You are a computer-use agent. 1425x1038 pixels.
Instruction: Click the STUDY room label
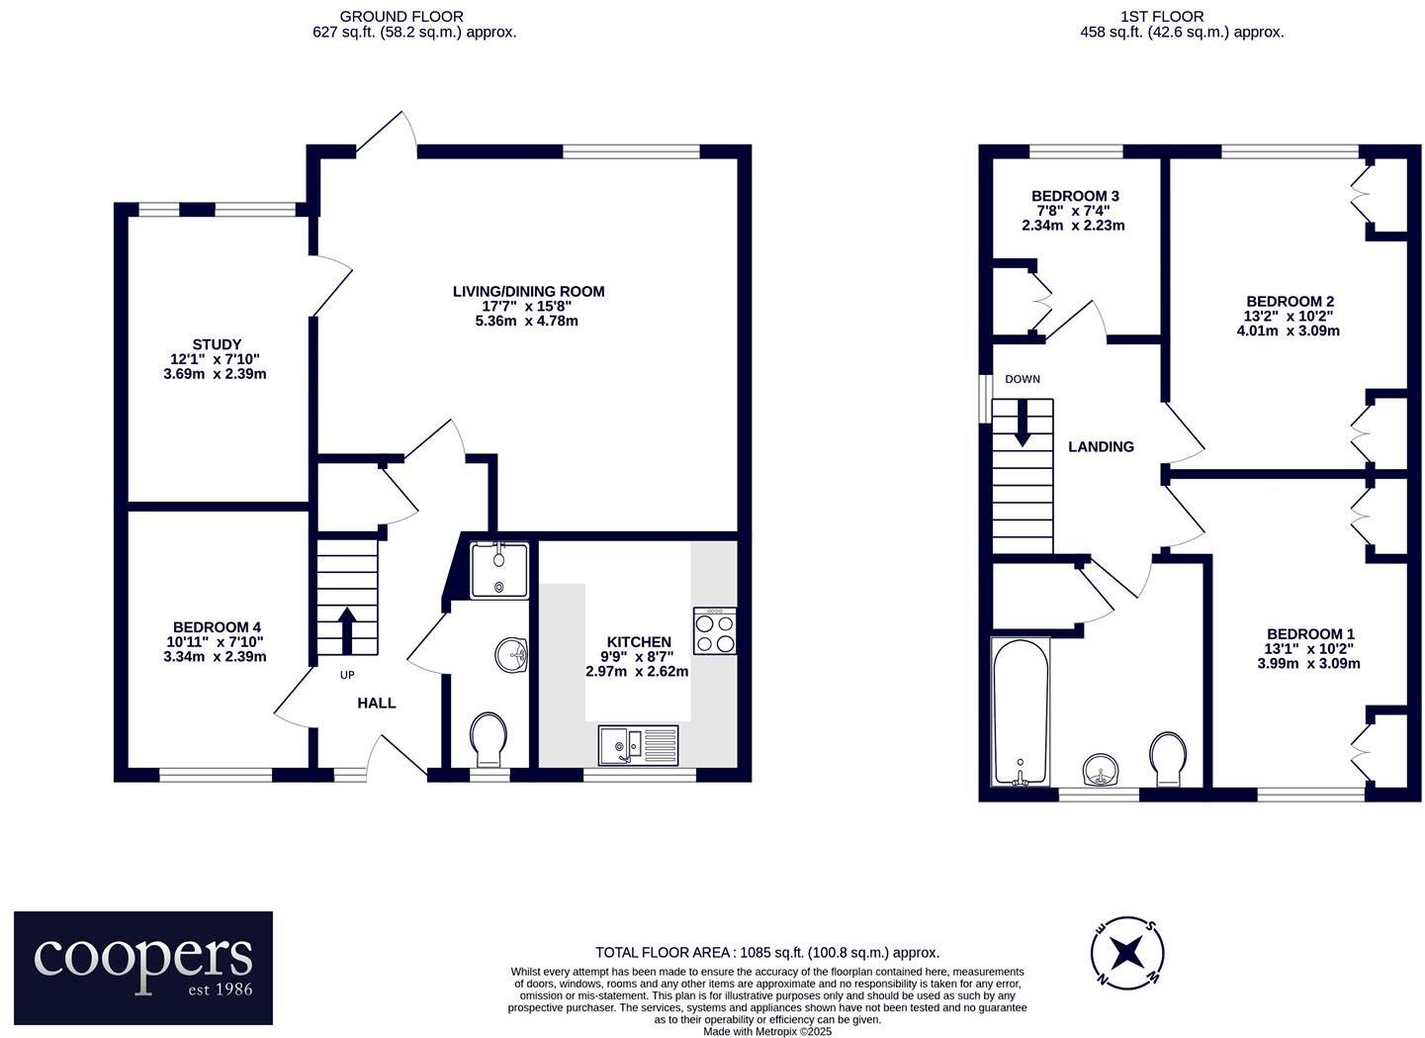click(x=217, y=344)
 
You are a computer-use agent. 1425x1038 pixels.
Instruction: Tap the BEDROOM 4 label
click(x=217, y=627)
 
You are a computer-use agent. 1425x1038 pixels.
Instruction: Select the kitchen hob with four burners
click(x=715, y=631)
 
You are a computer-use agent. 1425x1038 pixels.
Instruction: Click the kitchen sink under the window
click(x=638, y=745)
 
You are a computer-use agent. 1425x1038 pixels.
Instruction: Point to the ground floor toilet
click(x=490, y=738)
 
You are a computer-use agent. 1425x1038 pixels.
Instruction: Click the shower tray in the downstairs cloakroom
click(x=499, y=570)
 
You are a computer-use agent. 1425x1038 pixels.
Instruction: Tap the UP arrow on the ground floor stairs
click(x=347, y=629)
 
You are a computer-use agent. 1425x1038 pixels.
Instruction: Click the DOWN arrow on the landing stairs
click(x=1022, y=421)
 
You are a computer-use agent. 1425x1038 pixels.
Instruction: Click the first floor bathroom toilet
click(x=1169, y=758)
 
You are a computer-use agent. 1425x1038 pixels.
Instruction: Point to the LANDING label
click(x=1101, y=447)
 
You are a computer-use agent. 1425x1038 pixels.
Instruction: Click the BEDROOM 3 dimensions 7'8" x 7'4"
click(x=1073, y=211)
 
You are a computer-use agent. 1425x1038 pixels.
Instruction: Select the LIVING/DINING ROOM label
click(x=528, y=291)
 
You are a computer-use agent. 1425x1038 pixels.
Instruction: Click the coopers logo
click(x=143, y=954)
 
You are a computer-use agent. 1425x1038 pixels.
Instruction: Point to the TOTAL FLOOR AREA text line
click(x=766, y=953)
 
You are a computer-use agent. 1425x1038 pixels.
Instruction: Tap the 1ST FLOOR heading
click(x=1176, y=16)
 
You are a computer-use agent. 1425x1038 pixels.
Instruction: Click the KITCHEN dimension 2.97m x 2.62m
click(x=637, y=671)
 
